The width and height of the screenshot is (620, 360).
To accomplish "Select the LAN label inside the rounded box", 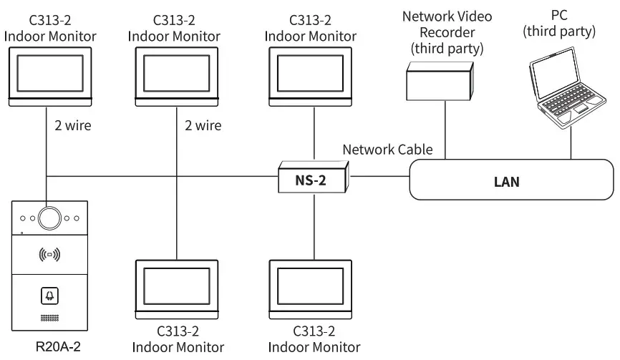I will click(507, 182).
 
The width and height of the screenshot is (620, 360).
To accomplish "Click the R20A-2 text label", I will click(49, 348).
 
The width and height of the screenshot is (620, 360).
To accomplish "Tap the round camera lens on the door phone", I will click(49, 215).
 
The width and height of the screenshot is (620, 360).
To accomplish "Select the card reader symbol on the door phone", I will click(49, 253).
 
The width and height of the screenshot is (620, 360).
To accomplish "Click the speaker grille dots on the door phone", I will click(49, 317).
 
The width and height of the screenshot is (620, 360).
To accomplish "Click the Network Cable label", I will click(387, 150).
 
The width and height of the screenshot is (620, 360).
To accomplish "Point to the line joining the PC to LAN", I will click(571, 147).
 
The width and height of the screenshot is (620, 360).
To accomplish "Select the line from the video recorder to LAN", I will click(444, 129).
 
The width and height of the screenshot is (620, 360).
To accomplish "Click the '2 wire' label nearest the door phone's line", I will click(73, 126).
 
